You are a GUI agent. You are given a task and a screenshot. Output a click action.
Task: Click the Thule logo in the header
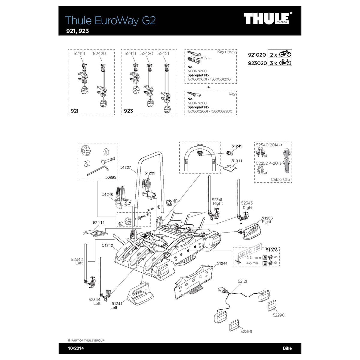pos(266,19)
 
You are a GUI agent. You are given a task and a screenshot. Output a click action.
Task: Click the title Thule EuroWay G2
pos(110,20)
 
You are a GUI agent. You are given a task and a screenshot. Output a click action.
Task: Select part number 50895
pos(111,177)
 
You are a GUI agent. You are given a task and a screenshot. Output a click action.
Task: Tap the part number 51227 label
pos(126,167)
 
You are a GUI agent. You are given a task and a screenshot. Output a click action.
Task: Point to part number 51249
pos(237,146)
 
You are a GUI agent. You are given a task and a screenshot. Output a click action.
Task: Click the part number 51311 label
pos(237,161)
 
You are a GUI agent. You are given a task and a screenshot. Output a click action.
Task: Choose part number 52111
pos(99,223)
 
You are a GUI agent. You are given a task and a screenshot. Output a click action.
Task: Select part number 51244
pos(222,263)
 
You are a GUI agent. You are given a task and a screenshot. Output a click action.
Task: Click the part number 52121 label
pos(242,281)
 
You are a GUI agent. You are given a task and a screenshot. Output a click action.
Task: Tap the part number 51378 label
pos(271,250)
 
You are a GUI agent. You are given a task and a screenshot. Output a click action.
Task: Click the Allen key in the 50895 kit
pos(97,169)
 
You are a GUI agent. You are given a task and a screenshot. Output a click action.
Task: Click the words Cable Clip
pos(280,179)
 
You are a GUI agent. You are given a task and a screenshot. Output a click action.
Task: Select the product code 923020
pos(257,63)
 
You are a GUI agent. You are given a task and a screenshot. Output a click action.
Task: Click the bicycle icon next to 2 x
pos(285,54)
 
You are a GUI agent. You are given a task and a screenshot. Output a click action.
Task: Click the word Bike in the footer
pos(287,348)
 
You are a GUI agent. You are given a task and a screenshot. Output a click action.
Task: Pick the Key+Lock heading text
pos(226,52)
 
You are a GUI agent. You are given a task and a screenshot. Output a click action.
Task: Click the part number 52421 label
pos(163,53)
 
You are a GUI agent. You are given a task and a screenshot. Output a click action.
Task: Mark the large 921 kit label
pos(74,111)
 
